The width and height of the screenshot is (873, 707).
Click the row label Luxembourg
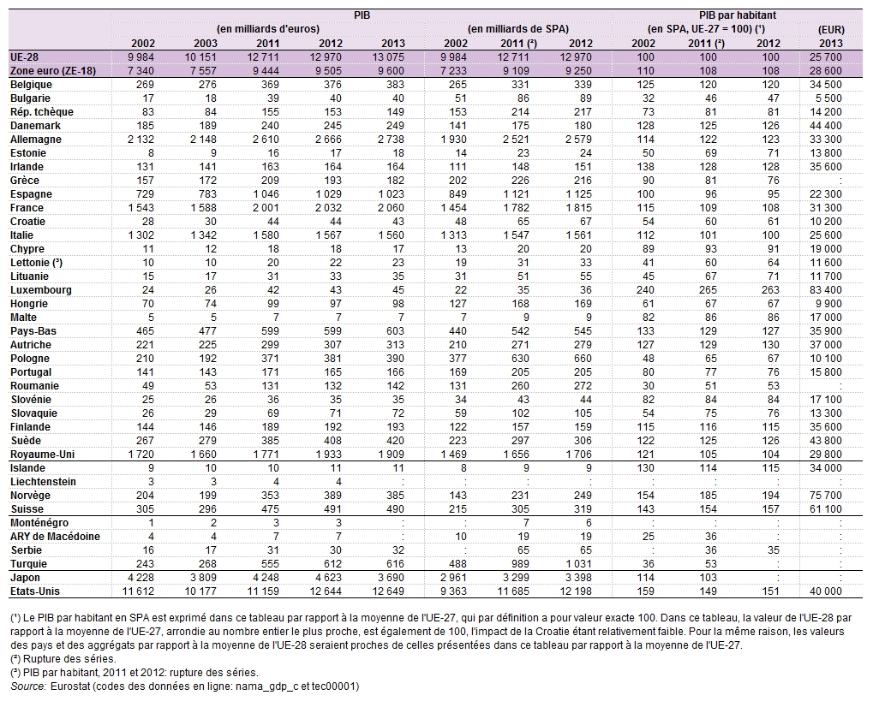40,290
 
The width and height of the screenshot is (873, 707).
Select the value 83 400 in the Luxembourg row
826,290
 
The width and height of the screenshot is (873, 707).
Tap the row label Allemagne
36,139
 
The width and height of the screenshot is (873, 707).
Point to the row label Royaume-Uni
42,454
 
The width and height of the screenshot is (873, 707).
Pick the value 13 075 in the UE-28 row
387,56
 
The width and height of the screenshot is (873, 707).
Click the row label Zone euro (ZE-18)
53,71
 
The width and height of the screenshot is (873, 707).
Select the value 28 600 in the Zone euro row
826,71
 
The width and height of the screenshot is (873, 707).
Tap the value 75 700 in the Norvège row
826,495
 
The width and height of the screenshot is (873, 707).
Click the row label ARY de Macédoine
55,536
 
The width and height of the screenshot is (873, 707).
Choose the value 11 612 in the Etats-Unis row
138,591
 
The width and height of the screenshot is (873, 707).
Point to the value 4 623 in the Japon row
326,578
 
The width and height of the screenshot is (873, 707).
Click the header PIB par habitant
737,15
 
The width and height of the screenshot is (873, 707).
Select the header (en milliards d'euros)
268,29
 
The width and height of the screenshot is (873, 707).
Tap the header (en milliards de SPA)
517,29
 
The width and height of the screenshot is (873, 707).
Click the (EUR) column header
831,29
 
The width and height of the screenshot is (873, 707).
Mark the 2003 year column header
206,44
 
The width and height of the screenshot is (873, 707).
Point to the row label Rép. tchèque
42,112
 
